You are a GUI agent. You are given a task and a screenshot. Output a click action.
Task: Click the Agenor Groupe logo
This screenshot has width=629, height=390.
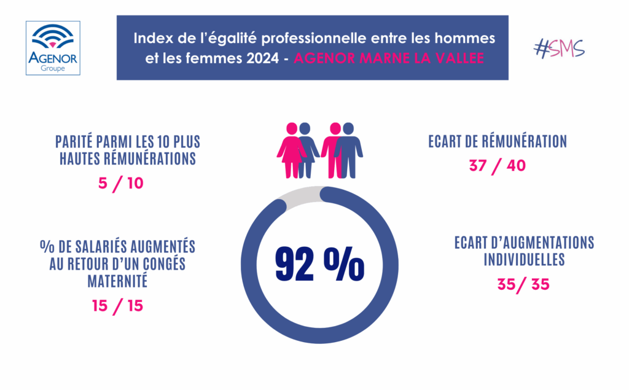(x=53, y=48)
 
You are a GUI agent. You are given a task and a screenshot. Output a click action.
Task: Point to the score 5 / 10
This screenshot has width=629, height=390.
(x=122, y=183)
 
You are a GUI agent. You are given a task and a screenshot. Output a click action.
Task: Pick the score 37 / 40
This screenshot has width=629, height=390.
(x=497, y=166)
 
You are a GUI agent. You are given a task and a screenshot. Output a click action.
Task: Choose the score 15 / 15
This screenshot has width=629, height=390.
(x=118, y=305)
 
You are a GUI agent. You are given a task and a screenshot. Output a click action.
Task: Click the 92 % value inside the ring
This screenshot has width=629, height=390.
(x=319, y=265)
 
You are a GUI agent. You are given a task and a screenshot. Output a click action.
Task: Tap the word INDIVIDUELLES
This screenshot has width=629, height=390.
(x=524, y=259)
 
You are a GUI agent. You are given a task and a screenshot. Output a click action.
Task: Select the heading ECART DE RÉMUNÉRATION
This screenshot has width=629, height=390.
(x=497, y=142)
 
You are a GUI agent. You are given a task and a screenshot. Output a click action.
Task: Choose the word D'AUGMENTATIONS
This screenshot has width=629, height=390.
(x=541, y=243)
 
